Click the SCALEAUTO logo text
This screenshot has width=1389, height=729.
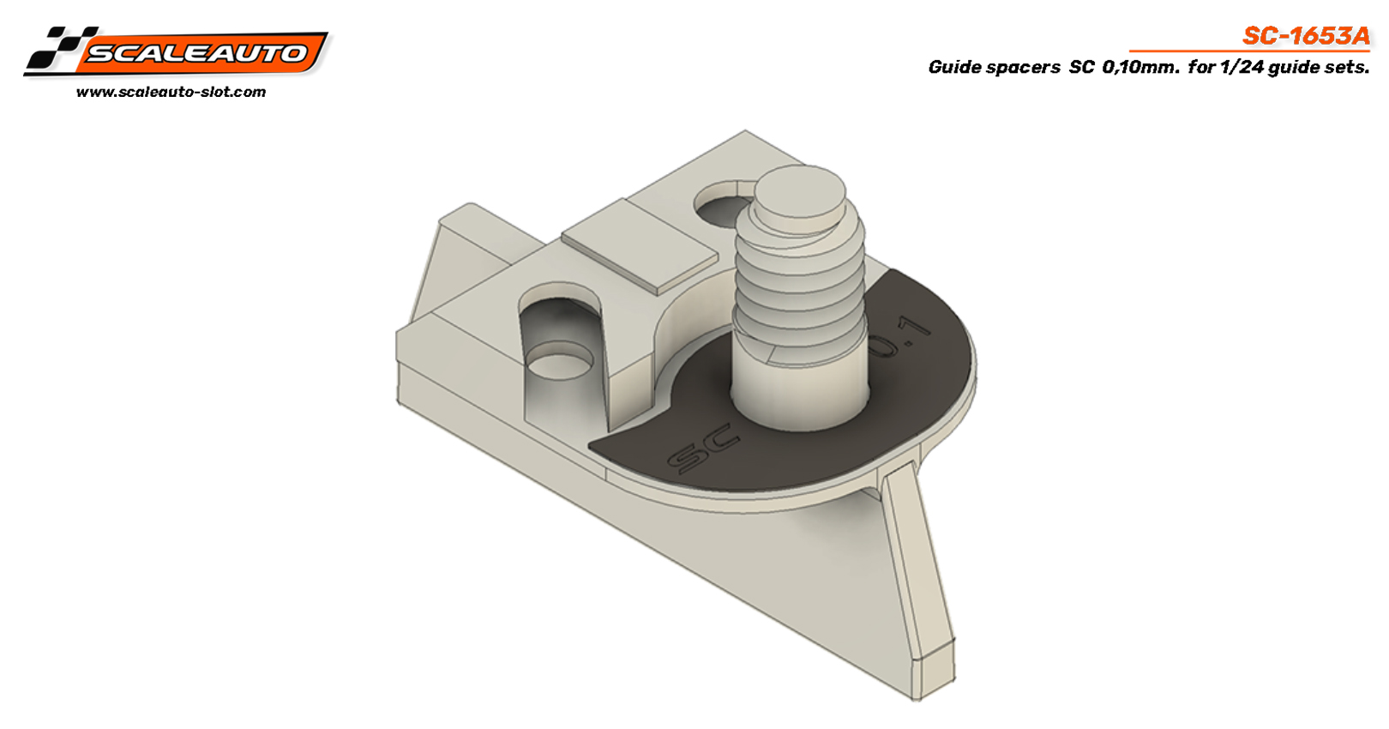197,53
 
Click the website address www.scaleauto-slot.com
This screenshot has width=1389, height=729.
171,92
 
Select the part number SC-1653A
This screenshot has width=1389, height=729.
1306,36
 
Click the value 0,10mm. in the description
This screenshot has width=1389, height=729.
1140,67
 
